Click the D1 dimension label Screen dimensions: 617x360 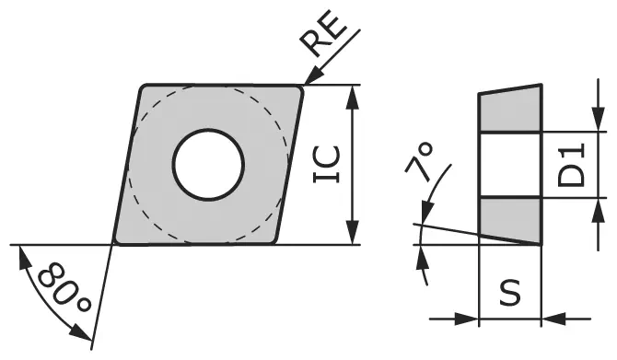point(573,165)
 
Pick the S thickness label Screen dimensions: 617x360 point(509,292)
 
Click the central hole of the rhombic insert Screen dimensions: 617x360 point(209,165)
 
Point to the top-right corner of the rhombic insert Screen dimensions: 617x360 point(301,87)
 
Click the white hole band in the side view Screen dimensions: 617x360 point(510,165)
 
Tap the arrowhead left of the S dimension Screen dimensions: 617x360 point(471,319)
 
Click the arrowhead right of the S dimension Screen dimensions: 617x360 point(550,319)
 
